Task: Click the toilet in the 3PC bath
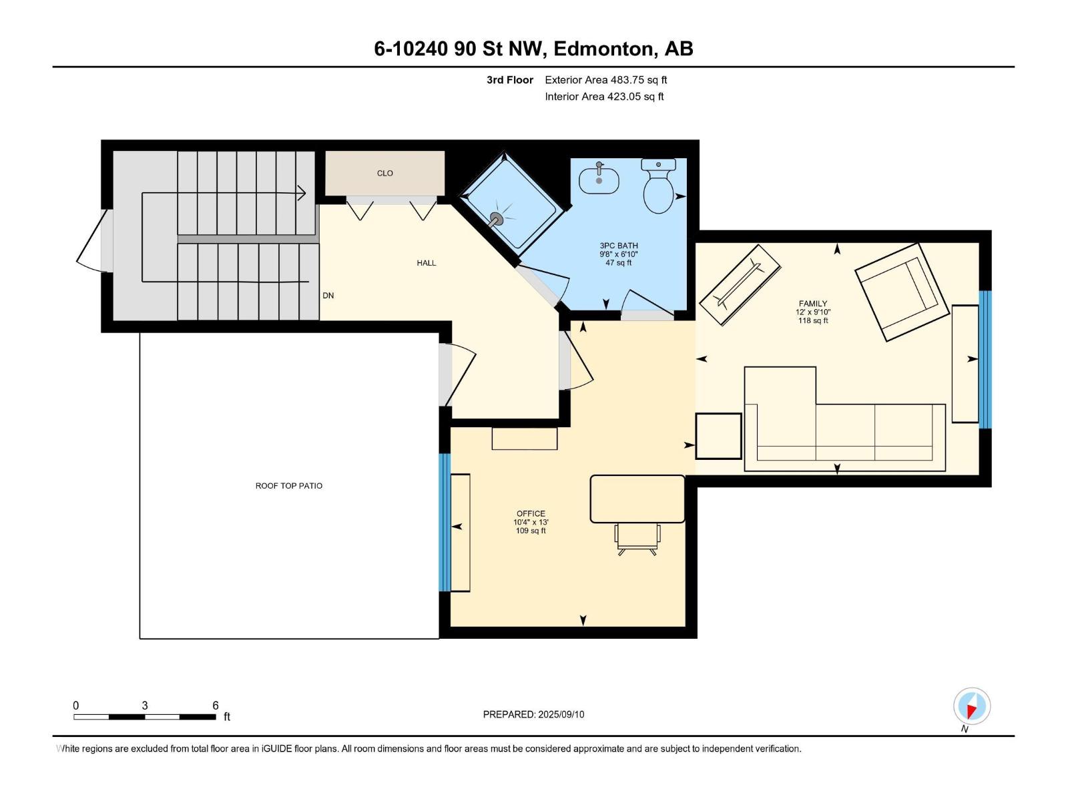coord(658,190)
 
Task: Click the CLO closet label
coord(385,174)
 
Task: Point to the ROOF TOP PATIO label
coord(289,486)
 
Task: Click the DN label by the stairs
coord(328,296)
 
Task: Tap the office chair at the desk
coord(637,539)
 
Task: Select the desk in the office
coord(637,499)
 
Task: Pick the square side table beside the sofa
coord(718,436)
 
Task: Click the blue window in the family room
coord(985,358)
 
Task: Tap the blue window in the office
coord(445,523)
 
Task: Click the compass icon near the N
coord(972,706)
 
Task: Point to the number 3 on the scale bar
coord(145,706)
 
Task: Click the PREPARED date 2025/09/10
coord(560,714)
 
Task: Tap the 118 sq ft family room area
coord(813,321)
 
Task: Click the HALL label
coord(426,263)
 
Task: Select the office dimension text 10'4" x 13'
coord(531,523)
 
